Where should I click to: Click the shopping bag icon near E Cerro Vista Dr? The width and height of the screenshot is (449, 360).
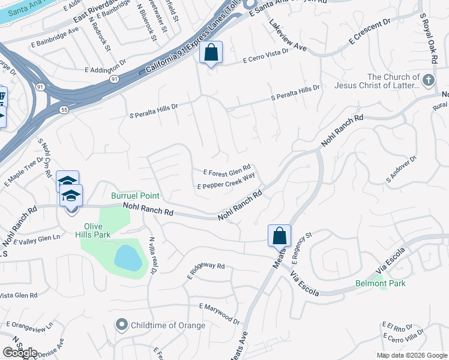[x=211, y=53]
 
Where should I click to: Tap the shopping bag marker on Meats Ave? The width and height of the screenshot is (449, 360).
[x=280, y=236]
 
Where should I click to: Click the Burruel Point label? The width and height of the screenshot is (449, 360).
[x=135, y=196]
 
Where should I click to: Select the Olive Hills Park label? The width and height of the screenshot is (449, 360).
[x=97, y=230]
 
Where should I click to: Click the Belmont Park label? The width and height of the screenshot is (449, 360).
[x=380, y=283]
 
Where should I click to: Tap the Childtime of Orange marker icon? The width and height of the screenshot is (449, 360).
[x=122, y=325]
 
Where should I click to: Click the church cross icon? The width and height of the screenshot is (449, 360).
[x=428, y=80]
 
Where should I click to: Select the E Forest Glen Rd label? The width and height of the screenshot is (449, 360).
[x=227, y=170]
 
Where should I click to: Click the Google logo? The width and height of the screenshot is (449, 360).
[x=20, y=353]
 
